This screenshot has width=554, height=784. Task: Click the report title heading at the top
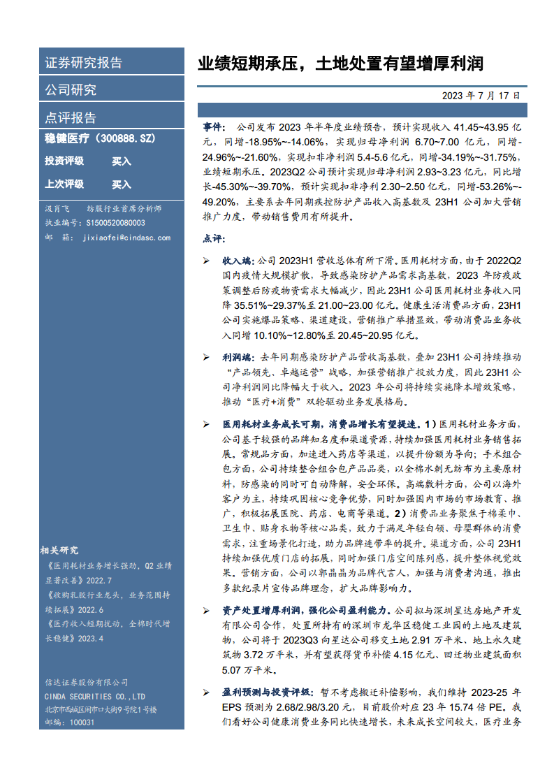pos(340,65)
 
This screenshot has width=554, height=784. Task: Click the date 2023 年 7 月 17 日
pos(481,96)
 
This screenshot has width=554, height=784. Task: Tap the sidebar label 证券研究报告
pos(83,62)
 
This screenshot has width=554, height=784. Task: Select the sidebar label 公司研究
pos(71,89)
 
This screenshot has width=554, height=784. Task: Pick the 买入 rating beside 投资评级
pos(122,161)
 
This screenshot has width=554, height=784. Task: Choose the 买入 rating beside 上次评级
pos(122,184)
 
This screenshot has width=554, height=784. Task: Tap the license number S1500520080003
pos(115,223)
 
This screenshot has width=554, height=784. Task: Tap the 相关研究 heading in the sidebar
pos(60,550)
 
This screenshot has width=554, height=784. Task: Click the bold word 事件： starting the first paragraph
pos(214,128)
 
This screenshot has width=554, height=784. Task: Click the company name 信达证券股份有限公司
pos(87,683)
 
